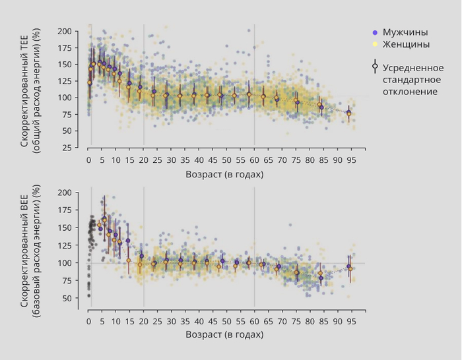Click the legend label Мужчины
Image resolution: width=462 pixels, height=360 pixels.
pos(405,32)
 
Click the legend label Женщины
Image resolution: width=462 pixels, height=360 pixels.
pos(406,44)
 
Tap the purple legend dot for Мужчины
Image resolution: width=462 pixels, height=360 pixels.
pos(375,32)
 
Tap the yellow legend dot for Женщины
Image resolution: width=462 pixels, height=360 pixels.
pos(375,44)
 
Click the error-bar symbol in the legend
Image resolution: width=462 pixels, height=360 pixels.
pos(375,67)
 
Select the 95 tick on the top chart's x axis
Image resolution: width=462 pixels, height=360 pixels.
pos(352,160)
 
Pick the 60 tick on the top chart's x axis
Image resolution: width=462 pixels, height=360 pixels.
pos(255,160)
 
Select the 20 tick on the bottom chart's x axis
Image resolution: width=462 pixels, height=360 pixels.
pos(144,321)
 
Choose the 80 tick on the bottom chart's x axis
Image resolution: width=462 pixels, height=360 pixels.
pos(310,321)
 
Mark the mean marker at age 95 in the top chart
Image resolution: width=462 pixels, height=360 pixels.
pos(349,113)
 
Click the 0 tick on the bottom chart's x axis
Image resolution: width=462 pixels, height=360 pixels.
pos(89,321)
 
